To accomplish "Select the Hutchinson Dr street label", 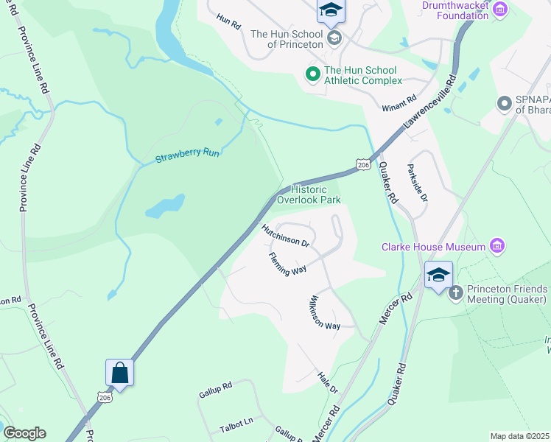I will coord(288,236).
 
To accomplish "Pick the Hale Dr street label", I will coord(328,383).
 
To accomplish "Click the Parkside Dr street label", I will coord(417,183).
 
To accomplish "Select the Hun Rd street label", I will coord(228,21).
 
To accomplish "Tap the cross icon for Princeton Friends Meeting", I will coord(455,293).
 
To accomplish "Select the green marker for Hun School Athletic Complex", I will coord(312,74).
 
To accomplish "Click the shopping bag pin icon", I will coord(119,373).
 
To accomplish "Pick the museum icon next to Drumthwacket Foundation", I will coord(501,9).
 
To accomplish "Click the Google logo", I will coord(24,433).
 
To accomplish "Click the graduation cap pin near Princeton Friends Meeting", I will coord(438,276).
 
